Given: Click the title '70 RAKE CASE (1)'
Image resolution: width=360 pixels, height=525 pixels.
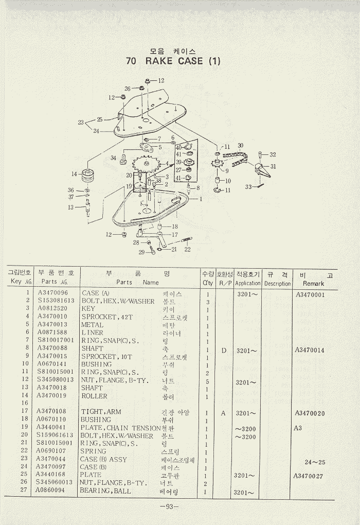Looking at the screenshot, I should [x=173, y=61].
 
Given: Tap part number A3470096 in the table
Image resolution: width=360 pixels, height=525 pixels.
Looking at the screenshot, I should [x=52, y=293].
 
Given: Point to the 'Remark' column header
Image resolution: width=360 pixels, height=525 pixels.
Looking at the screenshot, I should [x=313, y=283].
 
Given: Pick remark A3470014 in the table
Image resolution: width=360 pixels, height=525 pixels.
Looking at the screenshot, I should [x=310, y=351].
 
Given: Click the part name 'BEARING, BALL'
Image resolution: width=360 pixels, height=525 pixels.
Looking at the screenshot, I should [x=105, y=491].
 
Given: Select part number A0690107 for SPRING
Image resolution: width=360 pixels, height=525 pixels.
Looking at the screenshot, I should [x=51, y=451].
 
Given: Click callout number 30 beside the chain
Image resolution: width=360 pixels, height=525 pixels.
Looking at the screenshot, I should [x=240, y=146].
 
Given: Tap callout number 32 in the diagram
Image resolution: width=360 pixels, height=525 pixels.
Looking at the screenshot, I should [x=273, y=154].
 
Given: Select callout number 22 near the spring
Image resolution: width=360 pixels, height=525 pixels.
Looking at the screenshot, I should [x=187, y=249].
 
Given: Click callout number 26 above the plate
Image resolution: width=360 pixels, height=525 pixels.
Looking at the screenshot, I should [x=128, y=89].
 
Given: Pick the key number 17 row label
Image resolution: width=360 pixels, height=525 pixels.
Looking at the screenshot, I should [x=24, y=411].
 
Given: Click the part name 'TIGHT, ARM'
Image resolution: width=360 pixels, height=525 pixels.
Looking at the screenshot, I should [x=101, y=412].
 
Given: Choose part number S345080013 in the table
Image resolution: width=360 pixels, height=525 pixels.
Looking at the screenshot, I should [x=55, y=380].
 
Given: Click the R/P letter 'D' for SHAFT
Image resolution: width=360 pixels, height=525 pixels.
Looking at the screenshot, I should [x=224, y=351].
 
